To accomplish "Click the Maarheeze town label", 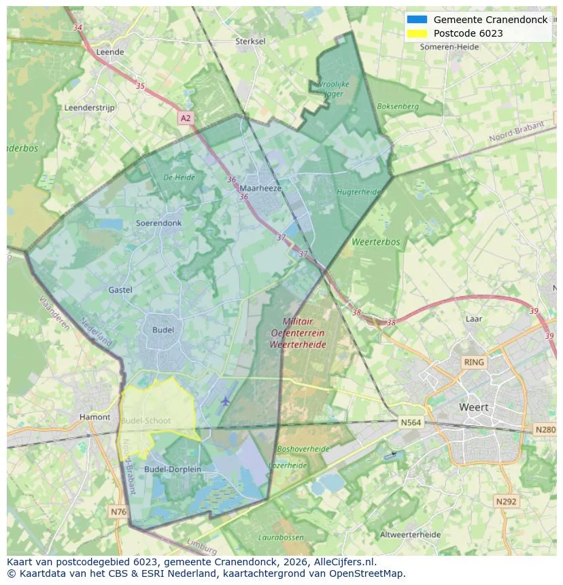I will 260,188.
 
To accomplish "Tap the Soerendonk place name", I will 158,223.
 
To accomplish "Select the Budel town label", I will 163,330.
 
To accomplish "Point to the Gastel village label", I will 120,290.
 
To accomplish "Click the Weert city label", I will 474,408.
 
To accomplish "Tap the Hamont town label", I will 95,417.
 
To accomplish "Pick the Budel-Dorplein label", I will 173,469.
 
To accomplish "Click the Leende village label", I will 110,52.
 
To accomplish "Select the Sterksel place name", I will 250,41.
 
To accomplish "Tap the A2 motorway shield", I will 186,118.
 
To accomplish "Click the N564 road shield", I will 411,423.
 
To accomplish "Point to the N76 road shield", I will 118,511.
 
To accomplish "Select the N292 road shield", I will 506,501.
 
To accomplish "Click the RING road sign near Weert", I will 473,362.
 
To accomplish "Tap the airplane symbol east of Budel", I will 225,402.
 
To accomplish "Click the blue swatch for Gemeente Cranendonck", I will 417,20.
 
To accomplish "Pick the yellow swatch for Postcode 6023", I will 417,33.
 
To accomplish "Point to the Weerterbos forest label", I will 376,242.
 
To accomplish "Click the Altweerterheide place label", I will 410,535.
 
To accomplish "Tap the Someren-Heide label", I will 449,47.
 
